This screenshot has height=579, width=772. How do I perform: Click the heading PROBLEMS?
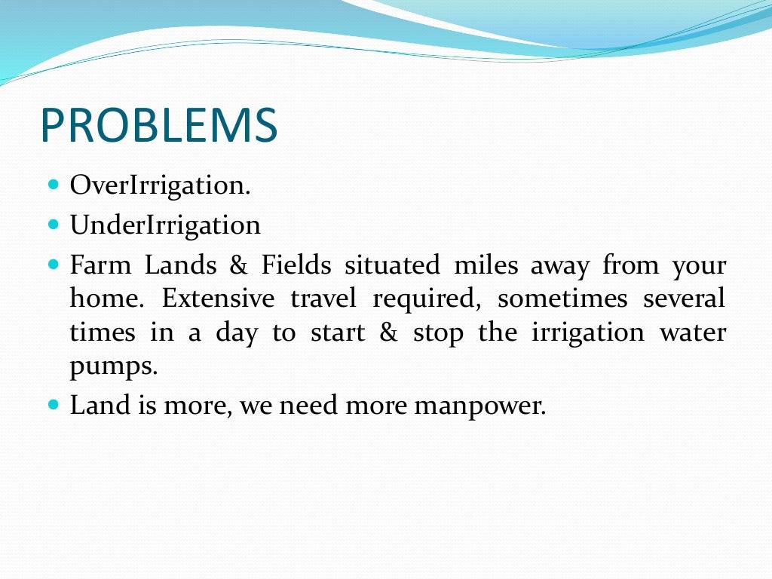pyautogui.click(x=158, y=125)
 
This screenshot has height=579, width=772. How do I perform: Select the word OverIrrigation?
pyautogui.click(x=160, y=186)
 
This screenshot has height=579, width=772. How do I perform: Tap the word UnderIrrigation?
pyautogui.click(x=165, y=225)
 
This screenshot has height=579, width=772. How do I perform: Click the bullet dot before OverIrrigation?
pyautogui.click(x=53, y=184)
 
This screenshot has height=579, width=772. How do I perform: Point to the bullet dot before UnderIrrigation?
pyautogui.click(x=53, y=224)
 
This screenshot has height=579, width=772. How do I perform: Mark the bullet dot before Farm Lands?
pyautogui.click(x=53, y=265)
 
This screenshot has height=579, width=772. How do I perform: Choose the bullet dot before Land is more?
pyautogui.click(x=53, y=404)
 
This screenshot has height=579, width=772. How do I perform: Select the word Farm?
pyautogui.click(x=100, y=265)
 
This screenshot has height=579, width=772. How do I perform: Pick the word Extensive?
pyautogui.click(x=219, y=299)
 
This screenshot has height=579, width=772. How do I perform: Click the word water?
pyautogui.click(x=693, y=333)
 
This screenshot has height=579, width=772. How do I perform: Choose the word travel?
pyautogui.click(x=323, y=299)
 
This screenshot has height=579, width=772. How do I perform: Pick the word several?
pyautogui.click(x=684, y=299)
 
